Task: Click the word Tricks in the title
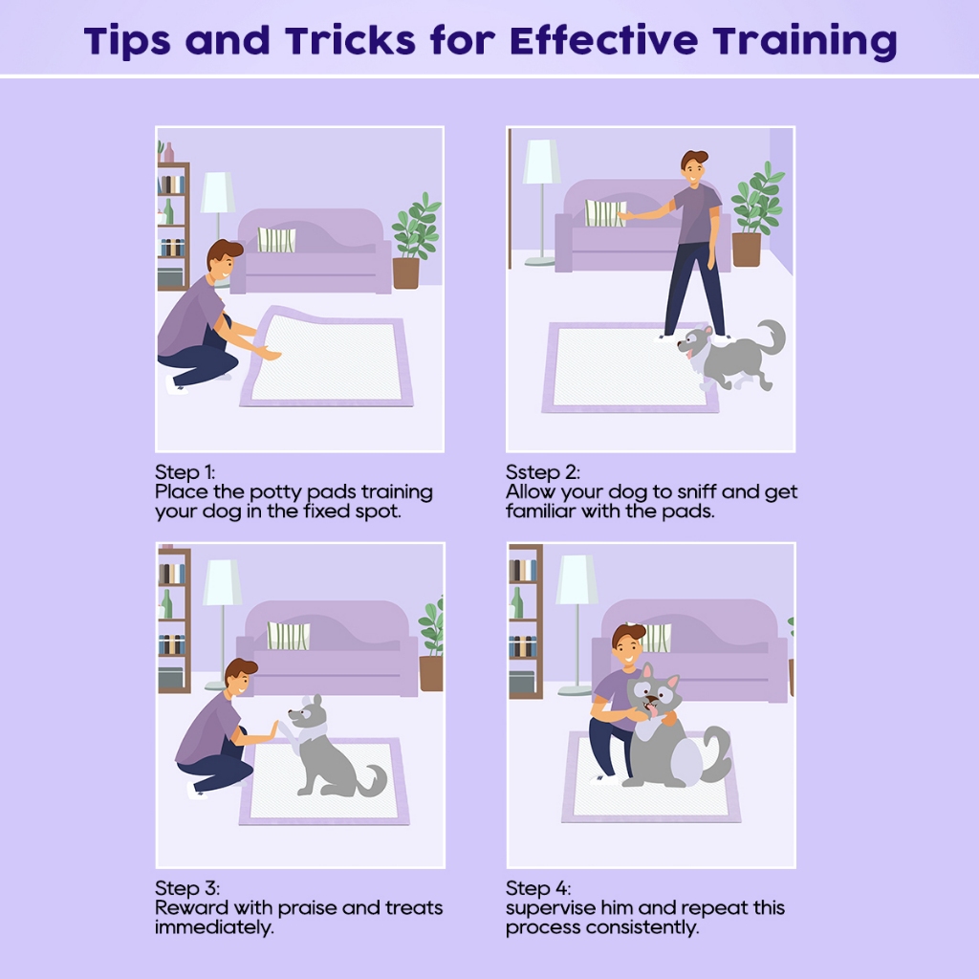pos(350,40)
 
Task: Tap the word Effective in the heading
pos(604,40)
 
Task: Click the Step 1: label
pos(185,472)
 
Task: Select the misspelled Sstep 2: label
pos(543,472)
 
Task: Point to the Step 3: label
pos(187,888)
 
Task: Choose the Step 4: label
pos(538,888)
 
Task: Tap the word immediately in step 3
pos(214,927)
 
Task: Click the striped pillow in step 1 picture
pos(276,240)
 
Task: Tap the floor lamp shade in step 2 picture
pos(541,161)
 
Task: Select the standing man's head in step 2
pos(694,167)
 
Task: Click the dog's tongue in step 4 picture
pos(652,710)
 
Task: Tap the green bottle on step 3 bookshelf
pos(166,604)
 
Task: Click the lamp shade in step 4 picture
pos(576,579)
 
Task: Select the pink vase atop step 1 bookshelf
pos(168,152)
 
